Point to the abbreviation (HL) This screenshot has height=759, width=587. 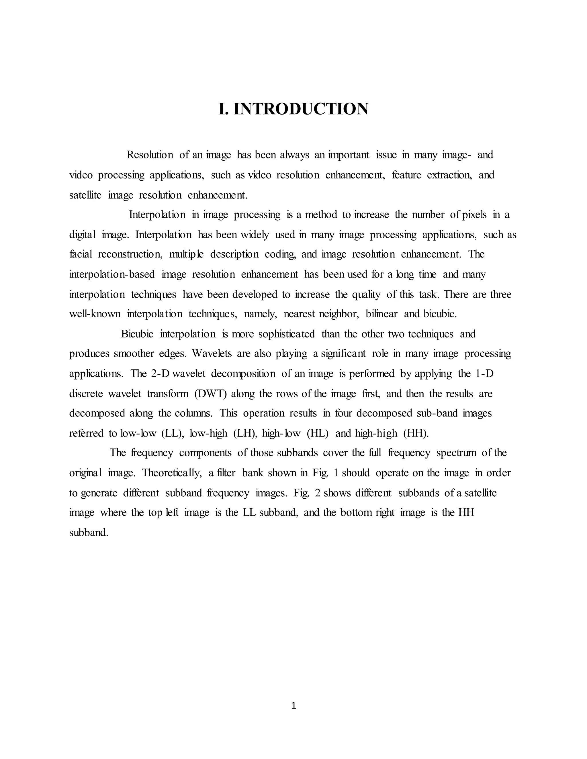coord(318,433)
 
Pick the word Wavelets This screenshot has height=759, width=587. coord(212,354)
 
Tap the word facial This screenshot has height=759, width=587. coord(81,254)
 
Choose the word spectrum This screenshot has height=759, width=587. coord(456,453)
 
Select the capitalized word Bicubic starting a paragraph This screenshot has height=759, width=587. coord(137,334)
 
